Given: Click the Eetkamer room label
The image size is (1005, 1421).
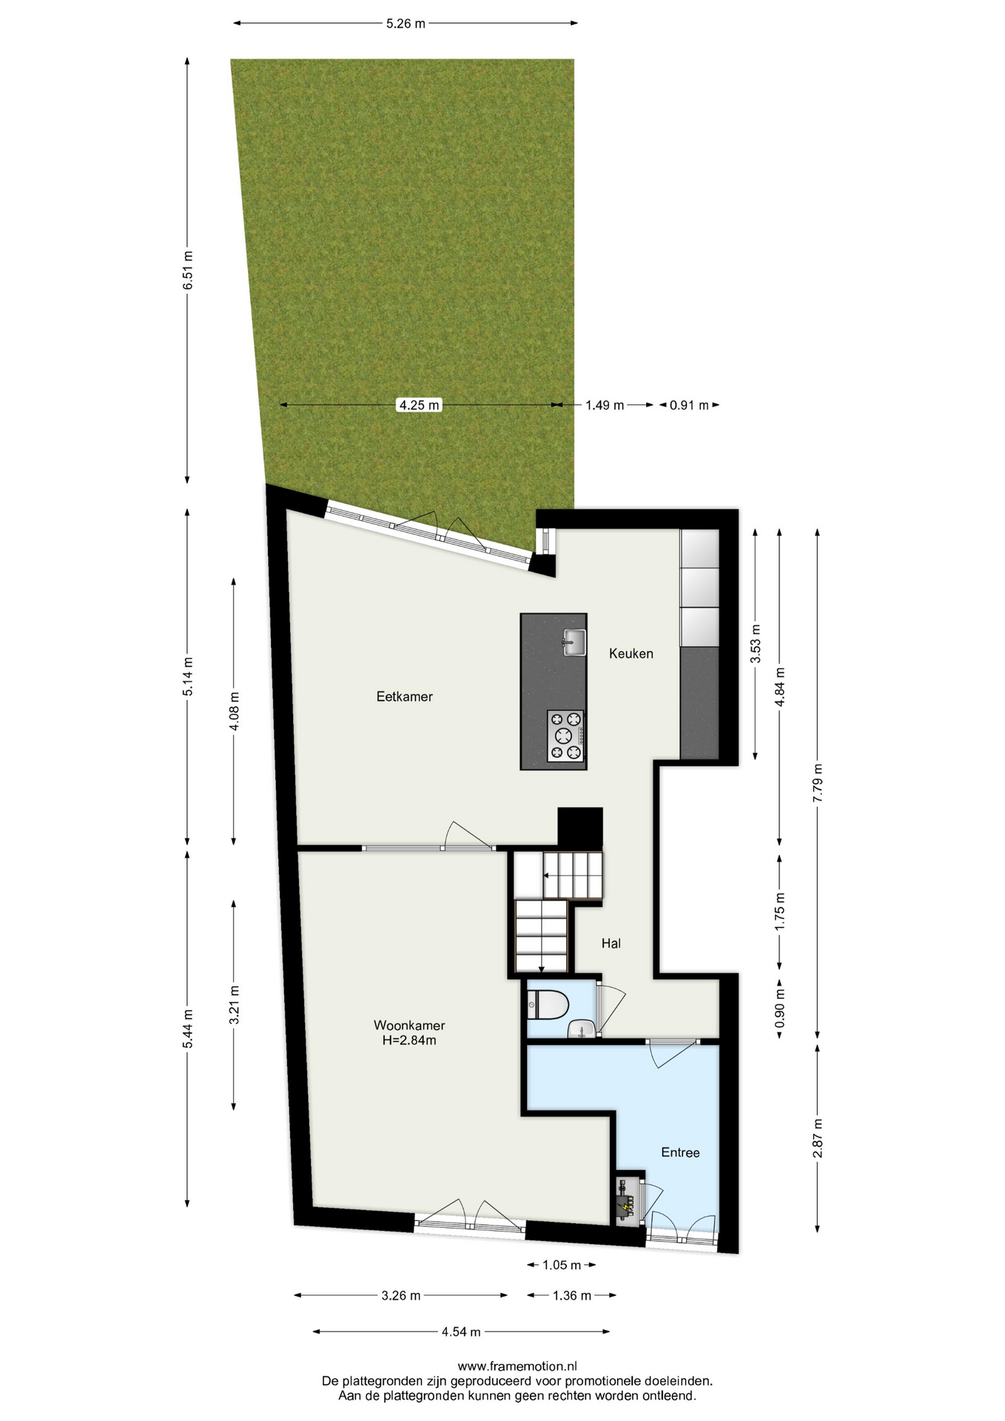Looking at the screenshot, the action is coord(404,696).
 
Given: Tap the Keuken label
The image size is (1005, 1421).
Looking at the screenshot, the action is coord(631,654).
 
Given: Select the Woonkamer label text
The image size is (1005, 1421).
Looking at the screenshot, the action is coord(409,1026).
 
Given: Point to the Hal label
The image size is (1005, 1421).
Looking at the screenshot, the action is coord(611,944).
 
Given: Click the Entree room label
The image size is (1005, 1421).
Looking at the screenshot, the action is coord(680,1152).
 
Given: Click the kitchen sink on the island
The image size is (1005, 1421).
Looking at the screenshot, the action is coord(574,642).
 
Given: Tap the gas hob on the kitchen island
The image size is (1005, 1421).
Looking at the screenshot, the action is coord(565,736).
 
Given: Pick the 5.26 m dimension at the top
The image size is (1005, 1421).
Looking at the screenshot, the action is coord(406,23).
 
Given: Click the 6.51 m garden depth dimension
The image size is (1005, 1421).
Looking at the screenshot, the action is coord(188,271).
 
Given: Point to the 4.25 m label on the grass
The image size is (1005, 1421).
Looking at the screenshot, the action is coord(420,405).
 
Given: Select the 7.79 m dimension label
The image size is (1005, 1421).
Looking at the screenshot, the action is coord(818,782).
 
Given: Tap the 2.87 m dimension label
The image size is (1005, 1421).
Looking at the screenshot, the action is coord(818,1138).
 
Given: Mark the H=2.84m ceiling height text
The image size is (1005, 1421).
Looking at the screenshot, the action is coord(409,1041).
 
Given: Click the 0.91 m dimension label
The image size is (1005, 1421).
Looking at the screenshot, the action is coord(689,405).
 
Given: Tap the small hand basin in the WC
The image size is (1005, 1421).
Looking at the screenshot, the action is coord(580,1029).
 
